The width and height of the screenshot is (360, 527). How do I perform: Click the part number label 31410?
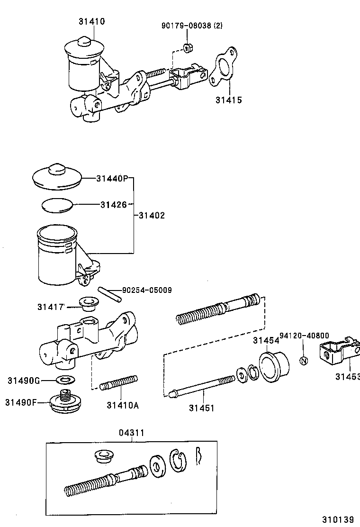coord(92,21)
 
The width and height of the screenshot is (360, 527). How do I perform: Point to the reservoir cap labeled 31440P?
coord(57,176)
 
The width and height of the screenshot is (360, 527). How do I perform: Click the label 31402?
coord(152,216)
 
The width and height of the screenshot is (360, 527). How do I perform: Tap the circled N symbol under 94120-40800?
coord(304,361)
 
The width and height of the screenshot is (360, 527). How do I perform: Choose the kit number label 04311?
coord(131,433)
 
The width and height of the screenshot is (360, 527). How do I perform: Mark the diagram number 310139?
coord(338,519)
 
